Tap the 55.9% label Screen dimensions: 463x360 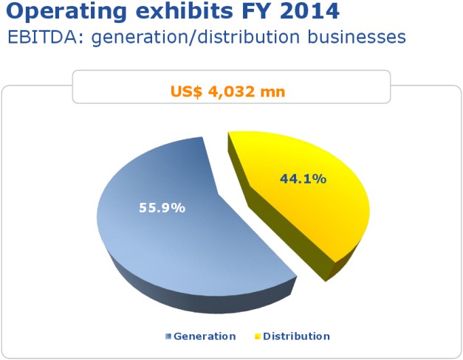pos(162,208)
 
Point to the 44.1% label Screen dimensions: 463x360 pos(303,179)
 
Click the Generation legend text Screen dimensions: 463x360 pos(205,336)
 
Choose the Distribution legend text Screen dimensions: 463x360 pos(296,336)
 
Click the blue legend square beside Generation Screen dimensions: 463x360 pos(168,336)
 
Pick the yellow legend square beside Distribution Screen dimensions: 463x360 pos(258,336)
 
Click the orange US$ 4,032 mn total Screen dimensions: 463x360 pos(228,91)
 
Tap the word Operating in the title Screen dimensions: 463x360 pos(66,12)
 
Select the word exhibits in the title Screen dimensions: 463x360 pos(185,11)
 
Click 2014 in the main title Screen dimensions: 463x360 pos(309,11)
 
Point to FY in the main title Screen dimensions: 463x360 pos(256,11)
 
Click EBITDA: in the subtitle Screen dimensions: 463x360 pos(46,37)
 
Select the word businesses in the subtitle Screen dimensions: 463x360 pos(357,37)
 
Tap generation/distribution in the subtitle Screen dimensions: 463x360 pos(196,38)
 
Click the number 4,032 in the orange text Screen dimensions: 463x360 pos(232,91)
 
